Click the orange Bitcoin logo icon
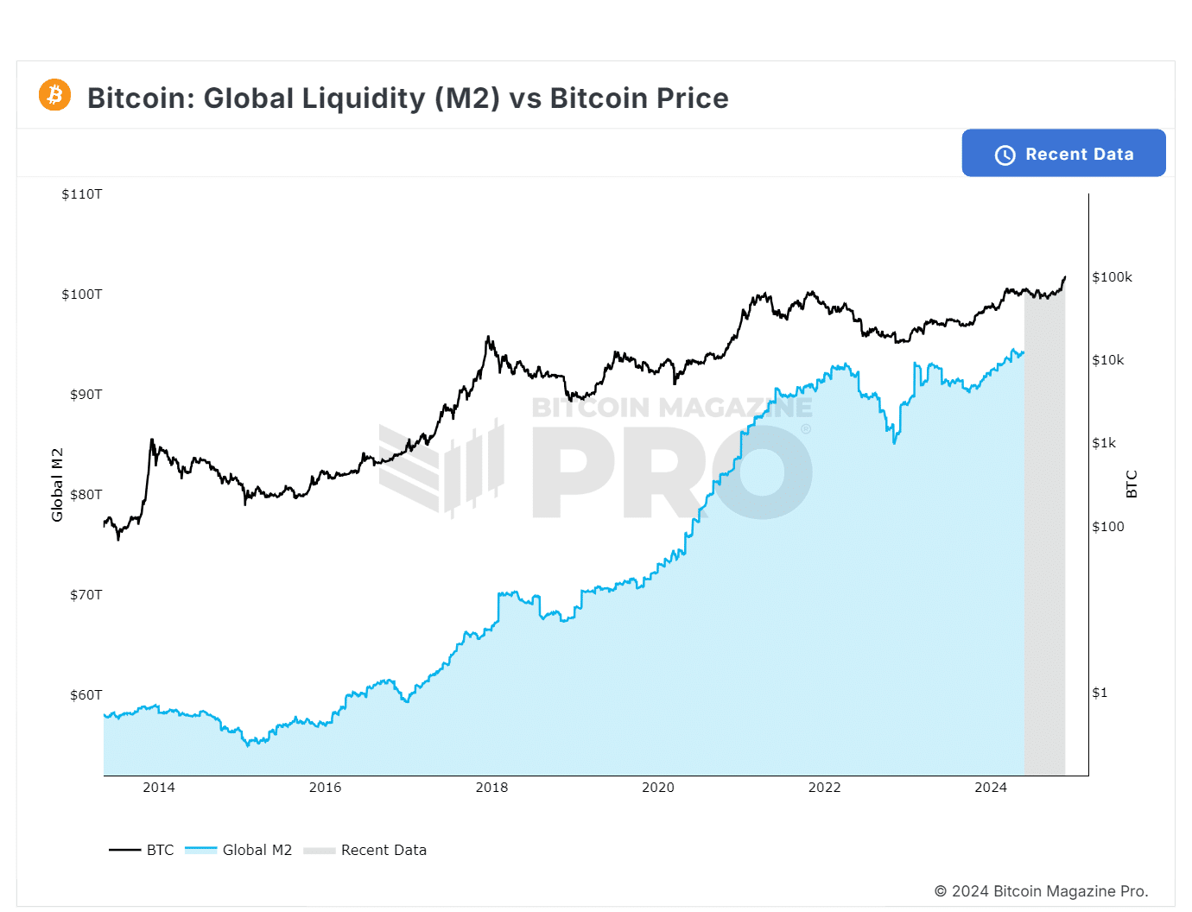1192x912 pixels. point(54,94)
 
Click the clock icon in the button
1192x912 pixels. point(1005,155)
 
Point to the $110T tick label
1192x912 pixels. point(82,194)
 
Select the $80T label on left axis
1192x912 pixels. point(86,495)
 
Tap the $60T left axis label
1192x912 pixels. point(86,695)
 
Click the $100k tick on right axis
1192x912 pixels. point(1112,277)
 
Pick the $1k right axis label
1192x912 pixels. point(1104,443)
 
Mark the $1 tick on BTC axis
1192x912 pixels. point(1099,693)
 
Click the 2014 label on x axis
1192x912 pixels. point(159,788)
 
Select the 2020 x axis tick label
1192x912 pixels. point(658,788)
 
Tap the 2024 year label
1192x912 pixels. point(991,788)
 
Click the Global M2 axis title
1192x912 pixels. point(58,484)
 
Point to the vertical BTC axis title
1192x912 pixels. point(1132,484)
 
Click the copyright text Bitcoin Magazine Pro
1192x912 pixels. point(1041,891)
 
